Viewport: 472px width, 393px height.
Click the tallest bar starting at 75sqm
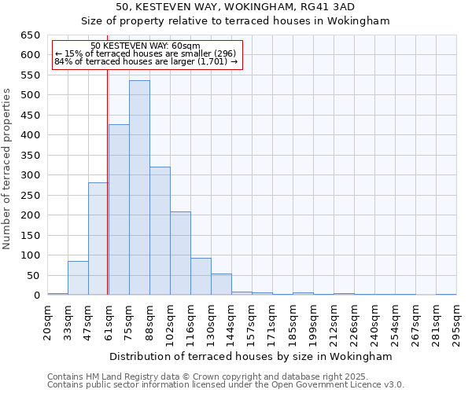pos(139,188)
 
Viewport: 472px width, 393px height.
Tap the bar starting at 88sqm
pos(160,231)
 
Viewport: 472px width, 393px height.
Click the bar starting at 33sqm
pos(78,278)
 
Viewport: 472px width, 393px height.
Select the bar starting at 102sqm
pos(180,253)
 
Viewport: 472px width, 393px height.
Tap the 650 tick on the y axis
pos(30,35)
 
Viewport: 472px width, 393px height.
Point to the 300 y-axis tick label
pos(30,175)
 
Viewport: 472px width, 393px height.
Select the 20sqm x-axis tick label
pos(48,320)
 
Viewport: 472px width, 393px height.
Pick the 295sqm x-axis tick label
pos(457,320)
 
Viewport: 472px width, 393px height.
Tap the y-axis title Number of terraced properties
pos(8,168)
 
